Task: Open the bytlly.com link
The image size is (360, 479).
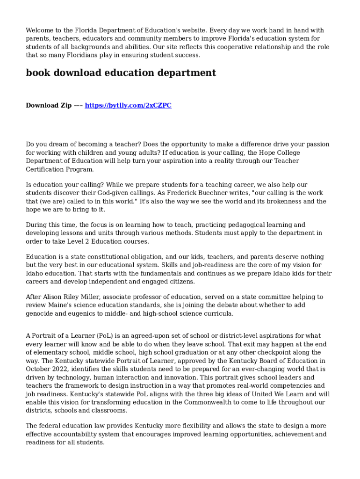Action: tap(128, 106)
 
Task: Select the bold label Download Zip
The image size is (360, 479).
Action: tap(49, 106)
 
